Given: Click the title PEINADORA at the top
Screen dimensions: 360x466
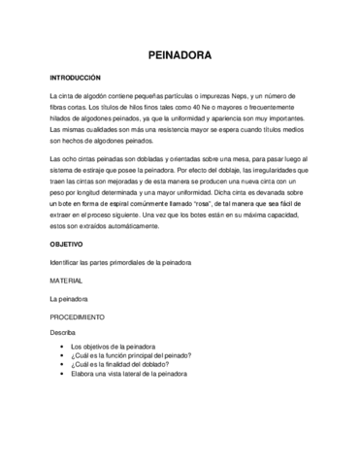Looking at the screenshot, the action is [x=180, y=56].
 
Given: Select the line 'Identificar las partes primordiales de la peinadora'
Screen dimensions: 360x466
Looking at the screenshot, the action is [x=120, y=262].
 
